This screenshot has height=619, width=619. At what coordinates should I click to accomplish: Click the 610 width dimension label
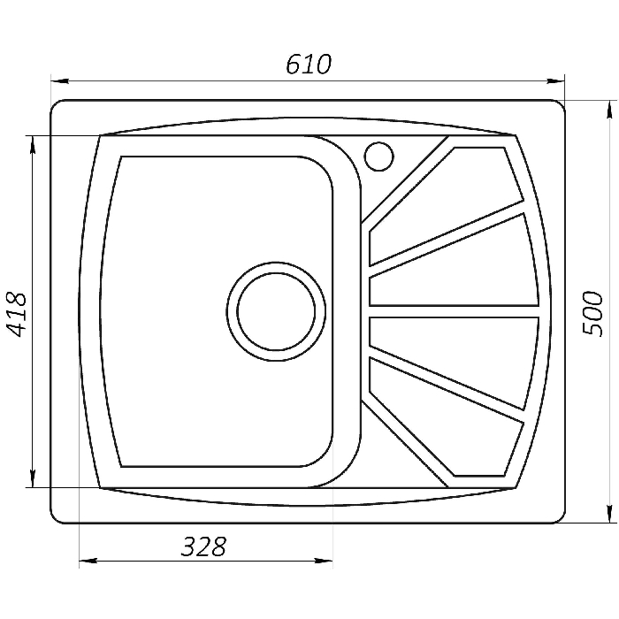click(x=309, y=65)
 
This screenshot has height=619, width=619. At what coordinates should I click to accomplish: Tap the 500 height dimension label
click(x=593, y=314)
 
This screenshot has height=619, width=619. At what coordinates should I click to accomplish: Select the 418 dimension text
click(x=17, y=315)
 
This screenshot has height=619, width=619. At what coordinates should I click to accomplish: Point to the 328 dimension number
click(x=203, y=546)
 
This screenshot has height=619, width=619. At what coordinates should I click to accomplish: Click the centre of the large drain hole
click(x=276, y=311)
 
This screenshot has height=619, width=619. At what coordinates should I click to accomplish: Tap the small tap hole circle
click(x=379, y=157)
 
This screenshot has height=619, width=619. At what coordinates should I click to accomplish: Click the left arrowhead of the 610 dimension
click(x=60, y=81)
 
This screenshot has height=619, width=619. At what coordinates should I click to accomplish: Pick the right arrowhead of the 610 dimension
click(x=555, y=81)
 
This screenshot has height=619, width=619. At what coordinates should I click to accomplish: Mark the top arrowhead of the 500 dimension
click(x=610, y=110)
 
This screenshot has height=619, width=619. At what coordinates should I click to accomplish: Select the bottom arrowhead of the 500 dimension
click(x=610, y=514)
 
